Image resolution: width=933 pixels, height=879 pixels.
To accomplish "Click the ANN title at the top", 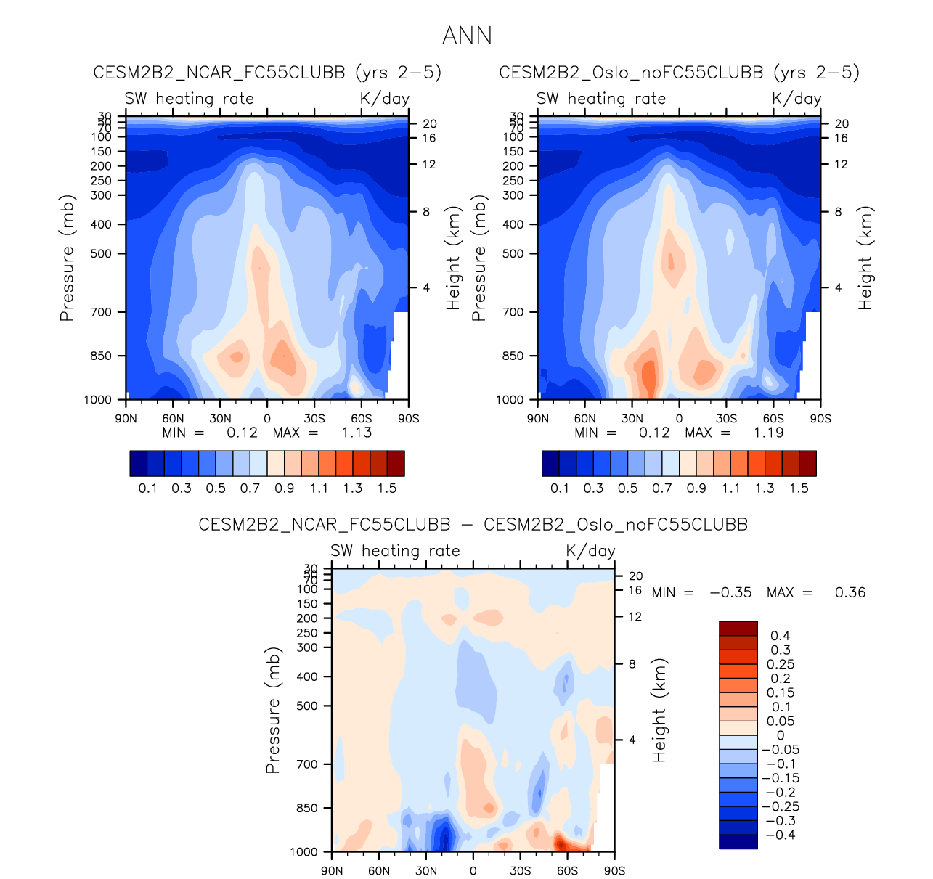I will pyautogui.click(x=467, y=36).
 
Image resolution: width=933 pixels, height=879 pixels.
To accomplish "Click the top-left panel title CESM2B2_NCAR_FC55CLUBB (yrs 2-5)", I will pyautogui.click(x=267, y=73).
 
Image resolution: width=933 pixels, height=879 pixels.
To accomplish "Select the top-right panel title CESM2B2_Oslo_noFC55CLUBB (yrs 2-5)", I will pyautogui.click(x=679, y=73).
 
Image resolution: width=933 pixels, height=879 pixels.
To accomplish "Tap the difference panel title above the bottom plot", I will pyautogui.click(x=473, y=524).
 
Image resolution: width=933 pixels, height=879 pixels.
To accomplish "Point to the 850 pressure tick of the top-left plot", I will pyautogui.click(x=101, y=356).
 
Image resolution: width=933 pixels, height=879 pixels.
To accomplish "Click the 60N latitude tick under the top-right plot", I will pyautogui.click(x=584, y=419).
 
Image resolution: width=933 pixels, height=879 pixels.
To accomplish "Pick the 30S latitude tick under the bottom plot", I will pyautogui.click(x=520, y=871).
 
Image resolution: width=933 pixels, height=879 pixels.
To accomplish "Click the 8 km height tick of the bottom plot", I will pyautogui.click(x=632, y=664).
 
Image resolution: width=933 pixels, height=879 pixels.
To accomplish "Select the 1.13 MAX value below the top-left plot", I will pyautogui.click(x=357, y=433).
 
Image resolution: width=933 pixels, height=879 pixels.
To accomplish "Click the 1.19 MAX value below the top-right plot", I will pyautogui.click(x=768, y=433).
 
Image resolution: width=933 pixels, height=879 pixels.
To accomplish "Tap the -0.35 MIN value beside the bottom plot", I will pyautogui.click(x=730, y=592).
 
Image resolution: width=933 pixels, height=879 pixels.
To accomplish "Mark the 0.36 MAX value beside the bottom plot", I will pyautogui.click(x=850, y=592).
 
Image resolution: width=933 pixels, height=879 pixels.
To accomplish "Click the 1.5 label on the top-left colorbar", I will pyautogui.click(x=387, y=488).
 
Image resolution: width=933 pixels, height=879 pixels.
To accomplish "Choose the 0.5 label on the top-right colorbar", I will pyautogui.click(x=627, y=488).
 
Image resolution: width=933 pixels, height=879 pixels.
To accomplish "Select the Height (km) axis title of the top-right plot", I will pyautogui.click(x=865, y=258).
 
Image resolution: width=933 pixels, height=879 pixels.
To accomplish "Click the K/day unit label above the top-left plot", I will pyautogui.click(x=384, y=99).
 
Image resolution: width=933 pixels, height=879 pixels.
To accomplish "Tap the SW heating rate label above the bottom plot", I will pyautogui.click(x=395, y=551).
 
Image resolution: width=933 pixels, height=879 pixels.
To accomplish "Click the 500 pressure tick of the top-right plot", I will pyautogui.click(x=513, y=254).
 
